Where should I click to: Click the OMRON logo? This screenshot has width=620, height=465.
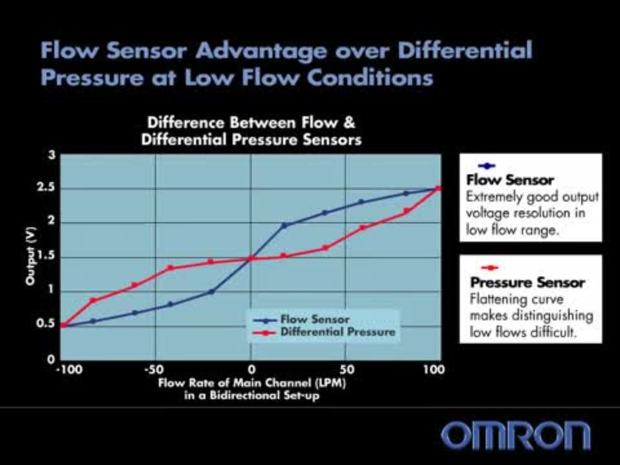click(515, 435)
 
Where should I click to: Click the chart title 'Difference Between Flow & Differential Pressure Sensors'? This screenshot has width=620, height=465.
click(251, 130)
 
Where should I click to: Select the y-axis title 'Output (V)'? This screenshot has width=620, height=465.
click(30, 258)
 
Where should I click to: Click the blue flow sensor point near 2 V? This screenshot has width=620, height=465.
click(284, 225)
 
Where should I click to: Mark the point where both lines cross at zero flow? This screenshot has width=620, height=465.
click(251, 258)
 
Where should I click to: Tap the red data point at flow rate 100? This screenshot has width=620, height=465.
click(438, 189)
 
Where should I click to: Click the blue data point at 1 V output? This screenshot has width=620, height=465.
click(211, 292)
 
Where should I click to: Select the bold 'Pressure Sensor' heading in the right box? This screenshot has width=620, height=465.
click(527, 282)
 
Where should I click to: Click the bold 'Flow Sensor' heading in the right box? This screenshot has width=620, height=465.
click(510, 180)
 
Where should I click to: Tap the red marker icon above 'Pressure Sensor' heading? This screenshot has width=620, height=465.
click(490, 267)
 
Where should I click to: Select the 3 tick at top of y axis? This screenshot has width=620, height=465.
click(50, 155)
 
